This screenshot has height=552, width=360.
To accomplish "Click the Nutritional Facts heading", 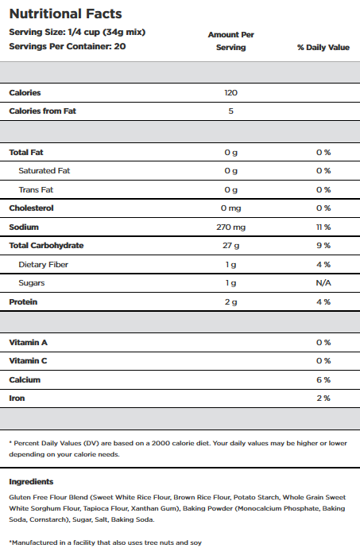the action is pos(65,14).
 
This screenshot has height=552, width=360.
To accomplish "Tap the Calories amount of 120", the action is pos(230,92).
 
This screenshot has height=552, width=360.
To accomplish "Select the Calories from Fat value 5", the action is pos(230,111).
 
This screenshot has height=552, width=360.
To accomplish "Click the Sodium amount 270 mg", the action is pos(230,227).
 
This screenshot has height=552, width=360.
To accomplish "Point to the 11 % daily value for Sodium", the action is pos(323,227).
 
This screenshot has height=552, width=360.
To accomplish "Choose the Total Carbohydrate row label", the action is pos(46,245).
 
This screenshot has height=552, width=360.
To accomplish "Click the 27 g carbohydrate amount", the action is pos(230,245).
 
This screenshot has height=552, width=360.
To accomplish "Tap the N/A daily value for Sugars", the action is pos(323,282).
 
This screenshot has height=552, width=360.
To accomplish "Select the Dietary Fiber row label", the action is pos(43,264).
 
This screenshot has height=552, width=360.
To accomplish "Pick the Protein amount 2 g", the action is pos(230,301).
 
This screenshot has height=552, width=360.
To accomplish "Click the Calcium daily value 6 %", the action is pos(323,380).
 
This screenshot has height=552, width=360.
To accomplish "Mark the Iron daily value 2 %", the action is pos(323,398).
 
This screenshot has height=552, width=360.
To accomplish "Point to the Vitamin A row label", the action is pos(28,343).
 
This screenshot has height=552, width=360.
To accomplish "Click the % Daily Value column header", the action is pos(323,47).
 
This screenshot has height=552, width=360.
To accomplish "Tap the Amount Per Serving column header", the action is pos(230,41).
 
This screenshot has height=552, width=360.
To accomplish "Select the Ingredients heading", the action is pos(31,481).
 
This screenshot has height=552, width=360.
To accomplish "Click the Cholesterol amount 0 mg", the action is pos(230,208).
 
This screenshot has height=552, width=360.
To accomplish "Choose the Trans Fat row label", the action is pos(36,190).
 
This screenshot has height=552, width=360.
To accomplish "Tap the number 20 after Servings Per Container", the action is pos(120,46).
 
